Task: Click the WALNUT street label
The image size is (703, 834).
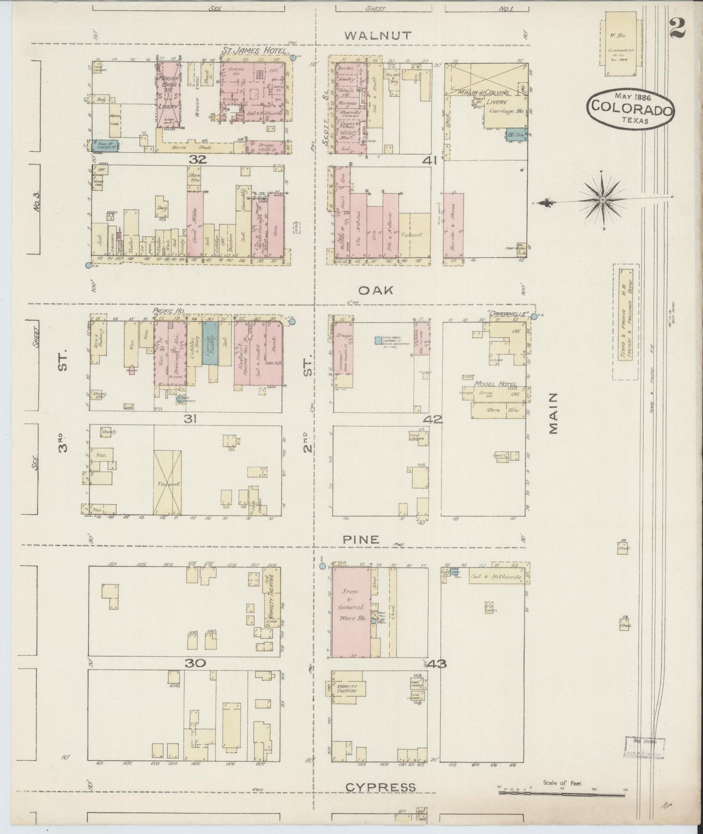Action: (378, 35)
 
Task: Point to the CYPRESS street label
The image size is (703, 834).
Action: (381, 787)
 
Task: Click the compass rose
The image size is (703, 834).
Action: (602, 200)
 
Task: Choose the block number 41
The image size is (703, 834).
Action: (432, 160)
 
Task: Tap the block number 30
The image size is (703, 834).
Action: (195, 663)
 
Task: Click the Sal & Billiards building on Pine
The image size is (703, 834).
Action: (495, 578)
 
